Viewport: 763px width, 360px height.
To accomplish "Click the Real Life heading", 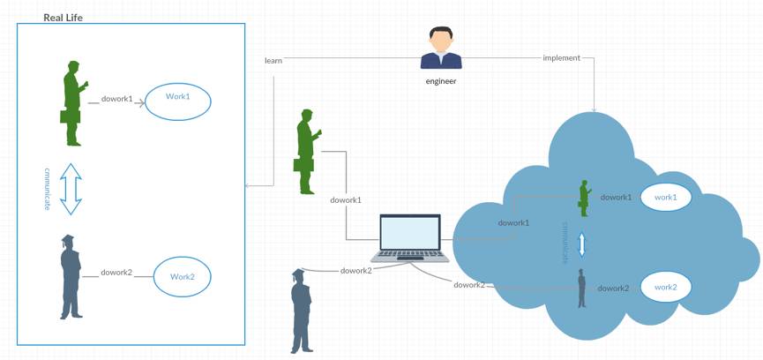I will coord(63,17).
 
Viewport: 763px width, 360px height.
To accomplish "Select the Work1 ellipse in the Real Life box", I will coord(177,101).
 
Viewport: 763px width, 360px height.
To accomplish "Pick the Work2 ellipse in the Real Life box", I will coord(183,277).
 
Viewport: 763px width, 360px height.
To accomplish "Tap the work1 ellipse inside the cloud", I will coord(665,198).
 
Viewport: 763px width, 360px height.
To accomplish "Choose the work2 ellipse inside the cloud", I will coord(665,287).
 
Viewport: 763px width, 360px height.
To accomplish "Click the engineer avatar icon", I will coord(441,49).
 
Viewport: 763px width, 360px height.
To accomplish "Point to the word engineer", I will coord(441,81).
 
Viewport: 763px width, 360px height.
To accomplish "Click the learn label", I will coord(273,61).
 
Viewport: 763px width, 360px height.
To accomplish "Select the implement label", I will coord(562,58).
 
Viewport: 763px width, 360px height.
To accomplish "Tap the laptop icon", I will coord(409,238).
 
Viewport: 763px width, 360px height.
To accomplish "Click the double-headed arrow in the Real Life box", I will coord(71,188).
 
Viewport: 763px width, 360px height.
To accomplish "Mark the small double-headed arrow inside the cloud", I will coord(581,243).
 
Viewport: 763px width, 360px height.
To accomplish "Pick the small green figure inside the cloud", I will coord(583,198).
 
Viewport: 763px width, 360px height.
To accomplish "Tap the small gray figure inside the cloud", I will coord(582,288).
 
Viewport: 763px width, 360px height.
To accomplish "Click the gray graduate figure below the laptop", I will coord(302,311).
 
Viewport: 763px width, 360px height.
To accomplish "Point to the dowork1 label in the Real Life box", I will coord(117,99).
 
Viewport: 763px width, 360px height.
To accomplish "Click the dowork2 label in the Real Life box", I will coord(117,273).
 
